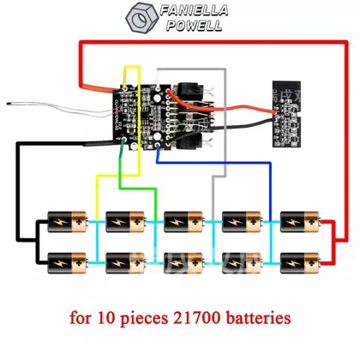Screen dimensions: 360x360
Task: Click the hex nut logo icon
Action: (141, 17)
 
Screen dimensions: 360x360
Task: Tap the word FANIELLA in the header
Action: (194, 10)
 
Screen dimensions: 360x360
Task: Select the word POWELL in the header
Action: (195, 26)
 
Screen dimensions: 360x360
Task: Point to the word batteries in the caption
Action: (258, 317)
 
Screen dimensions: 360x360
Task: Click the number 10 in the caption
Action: (105, 318)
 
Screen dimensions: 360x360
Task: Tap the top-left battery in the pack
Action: (68, 222)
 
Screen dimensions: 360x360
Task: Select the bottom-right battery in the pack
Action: (300, 263)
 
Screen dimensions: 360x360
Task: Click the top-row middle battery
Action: (184, 222)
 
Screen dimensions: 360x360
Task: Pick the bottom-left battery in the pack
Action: (68, 263)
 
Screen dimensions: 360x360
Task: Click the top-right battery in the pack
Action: (300, 222)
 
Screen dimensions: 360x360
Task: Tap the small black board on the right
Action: (286, 114)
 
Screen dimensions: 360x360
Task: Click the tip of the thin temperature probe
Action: (9, 104)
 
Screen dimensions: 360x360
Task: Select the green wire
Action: (137, 189)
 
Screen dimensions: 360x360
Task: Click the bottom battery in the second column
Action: (126, 263)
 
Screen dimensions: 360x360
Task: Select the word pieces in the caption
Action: (144, 319)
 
